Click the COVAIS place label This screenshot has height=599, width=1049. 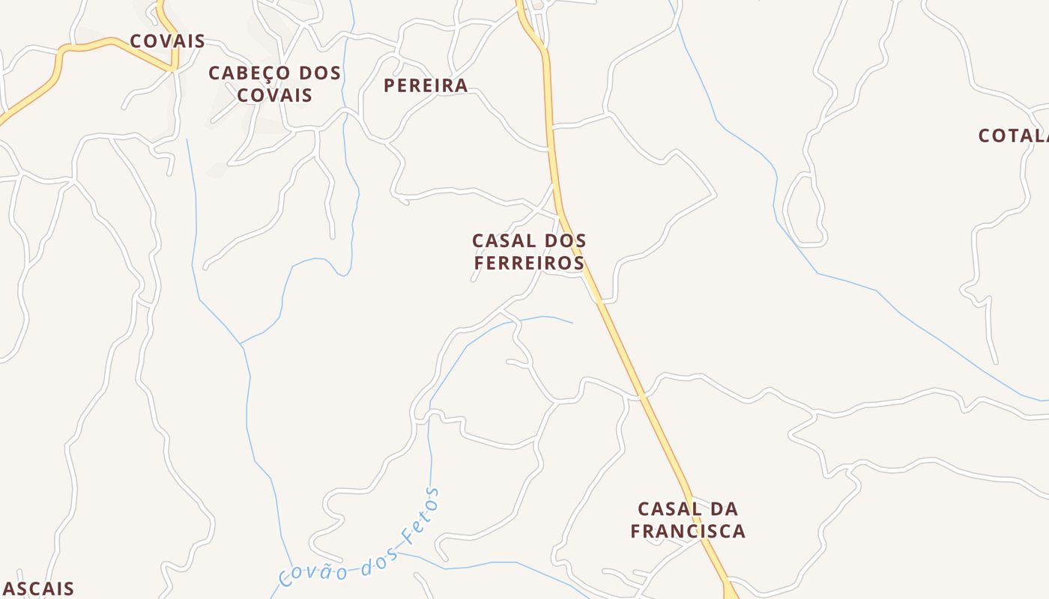pyautogui.click(x=167, y=41)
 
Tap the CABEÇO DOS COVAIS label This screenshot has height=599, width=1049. pyautogui.click(x=274, y=84)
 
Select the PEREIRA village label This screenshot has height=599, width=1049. pyautogui.click(x=426, y=85)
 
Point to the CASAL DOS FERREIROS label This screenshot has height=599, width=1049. pyautogui.click(x=529, y=252)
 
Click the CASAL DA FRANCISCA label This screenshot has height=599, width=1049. pyautogui.click(x=688, y=520)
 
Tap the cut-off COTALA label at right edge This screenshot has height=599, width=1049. pyautogui.click(x=1013, y=136)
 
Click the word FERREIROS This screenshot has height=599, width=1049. pyautogui.click(x=529, y=264)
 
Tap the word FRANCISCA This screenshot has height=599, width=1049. pyautogui.click(x=688, y=531)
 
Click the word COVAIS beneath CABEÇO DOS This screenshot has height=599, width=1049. pyautogui.click(x=274, y=96)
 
